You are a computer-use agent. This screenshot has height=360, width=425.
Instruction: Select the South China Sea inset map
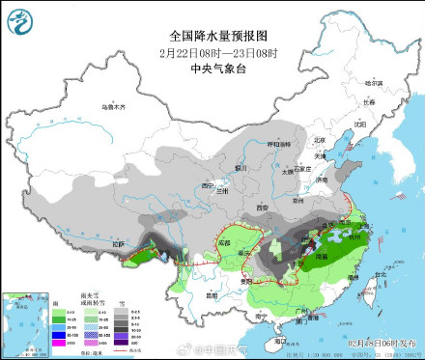click(x=23, y=318)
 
